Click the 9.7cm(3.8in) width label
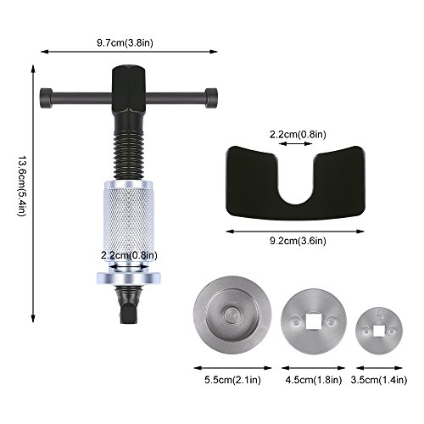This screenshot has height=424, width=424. click(125, 43)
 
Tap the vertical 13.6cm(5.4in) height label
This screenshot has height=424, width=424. click(22, 187)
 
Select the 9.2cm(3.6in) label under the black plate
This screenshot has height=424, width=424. click(298, 241)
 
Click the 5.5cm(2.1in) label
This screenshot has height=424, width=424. click(232, 380)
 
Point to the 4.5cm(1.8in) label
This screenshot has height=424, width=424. click(314, 380)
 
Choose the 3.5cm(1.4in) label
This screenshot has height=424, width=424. click(379, 380)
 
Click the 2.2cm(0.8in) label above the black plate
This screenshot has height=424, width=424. click(298, 134)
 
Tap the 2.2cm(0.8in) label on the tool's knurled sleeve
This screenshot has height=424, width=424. click(129, 255)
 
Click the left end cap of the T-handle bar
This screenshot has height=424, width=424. click(46, 98)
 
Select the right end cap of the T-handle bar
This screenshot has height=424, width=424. click(211, 98)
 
